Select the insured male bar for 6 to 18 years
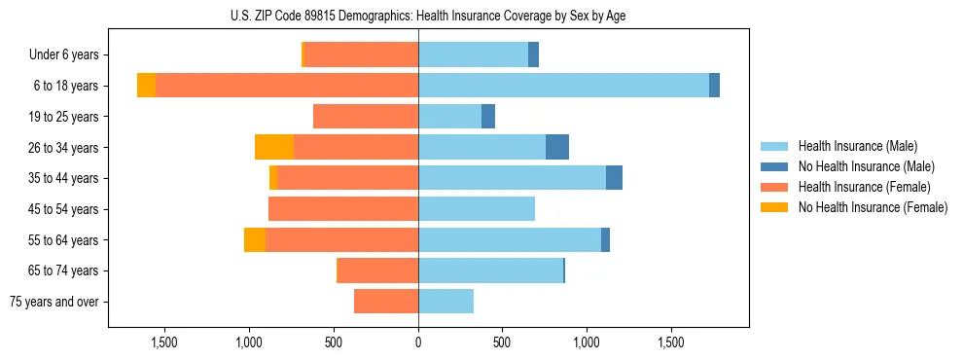click(x=563, y=86)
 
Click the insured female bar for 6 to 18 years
click(x=287, y=86)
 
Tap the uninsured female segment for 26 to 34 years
click(x=274, y=147)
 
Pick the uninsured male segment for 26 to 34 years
click(x=557, y=147)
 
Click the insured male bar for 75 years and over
click(x=446, y=302)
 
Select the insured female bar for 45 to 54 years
click(x=343, y=209)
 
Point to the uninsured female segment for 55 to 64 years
click(x=255, y=240)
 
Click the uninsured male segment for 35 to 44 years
click(x=614, y=178)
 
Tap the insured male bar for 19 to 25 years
click(x=449, y=117)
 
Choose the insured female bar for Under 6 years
click(x=362, y=54)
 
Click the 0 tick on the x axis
click(x=418, y=343)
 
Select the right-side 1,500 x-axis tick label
click(x=672, y=343)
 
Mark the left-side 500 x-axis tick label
click(x=334, y=343)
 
